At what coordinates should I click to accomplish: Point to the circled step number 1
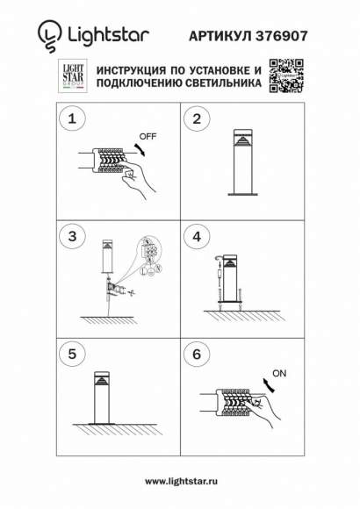(72, 118)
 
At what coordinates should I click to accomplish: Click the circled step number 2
(197, 118)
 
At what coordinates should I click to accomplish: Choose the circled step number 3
(72, 236)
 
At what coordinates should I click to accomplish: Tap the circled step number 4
(197, 236)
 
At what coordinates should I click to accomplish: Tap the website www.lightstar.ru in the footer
(180, 481)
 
